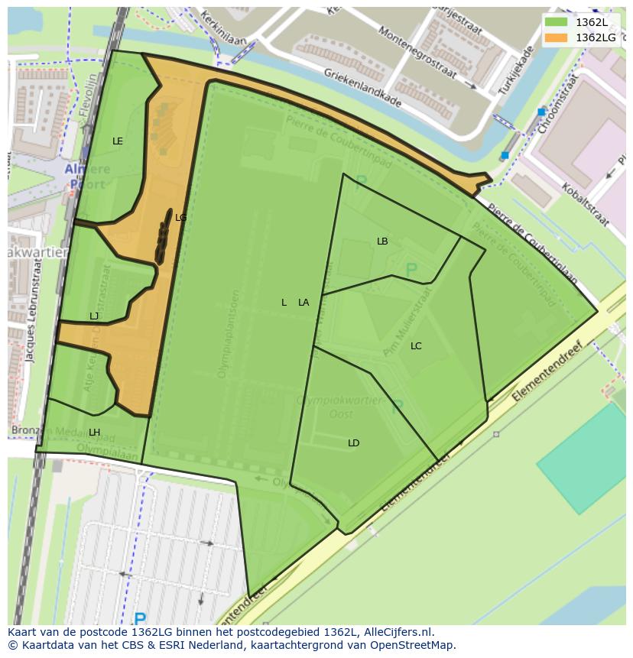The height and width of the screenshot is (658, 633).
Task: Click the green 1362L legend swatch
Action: (x=556, y=22)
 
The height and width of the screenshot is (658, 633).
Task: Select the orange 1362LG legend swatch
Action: (x=556, y=37)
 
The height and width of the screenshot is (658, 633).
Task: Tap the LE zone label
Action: (x=118, y=141)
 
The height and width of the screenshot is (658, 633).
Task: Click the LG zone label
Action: (x=181, y=218)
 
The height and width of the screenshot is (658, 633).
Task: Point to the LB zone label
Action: (x=382, y=241)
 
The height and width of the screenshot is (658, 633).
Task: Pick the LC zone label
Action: (x=416, y=346)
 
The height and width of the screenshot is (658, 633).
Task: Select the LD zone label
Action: (x=353, y=443)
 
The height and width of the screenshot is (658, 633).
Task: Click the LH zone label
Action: (x=94, y=433)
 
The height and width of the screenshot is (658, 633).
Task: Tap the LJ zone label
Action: (x=94, y=316)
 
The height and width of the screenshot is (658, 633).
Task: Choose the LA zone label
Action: (x=304, y=303)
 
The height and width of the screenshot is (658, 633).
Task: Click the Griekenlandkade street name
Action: (x=362, y=84)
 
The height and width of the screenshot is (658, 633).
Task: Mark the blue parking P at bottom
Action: (x=139, y=618)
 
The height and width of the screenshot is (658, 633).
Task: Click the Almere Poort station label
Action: (x=85, y=177)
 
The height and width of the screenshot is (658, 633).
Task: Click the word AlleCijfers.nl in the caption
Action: (x=397, y=632)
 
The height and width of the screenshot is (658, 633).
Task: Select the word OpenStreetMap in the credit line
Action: (x=413, y=645)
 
